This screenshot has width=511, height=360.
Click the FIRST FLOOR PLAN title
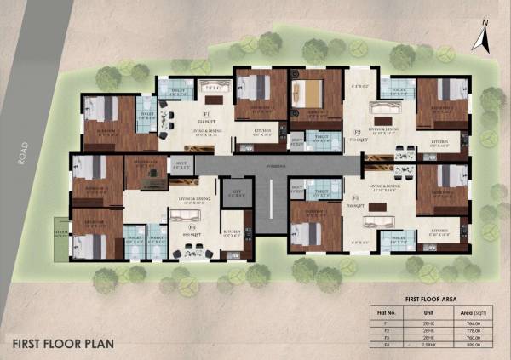point(61,346)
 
